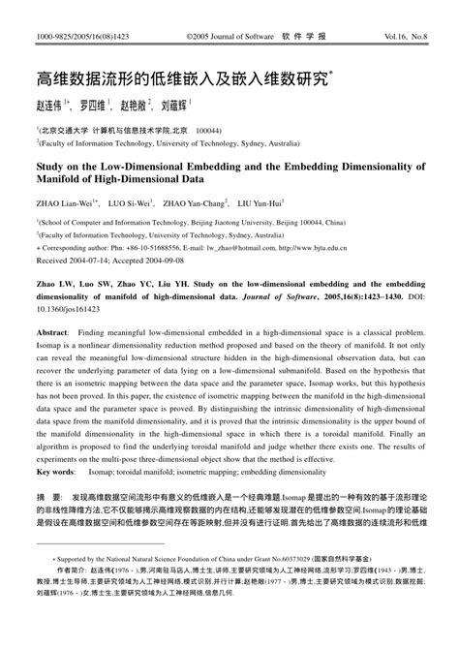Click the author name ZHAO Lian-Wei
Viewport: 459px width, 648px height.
(66, 204)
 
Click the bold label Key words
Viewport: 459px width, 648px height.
(58, 472)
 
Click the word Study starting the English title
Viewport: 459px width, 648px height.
(52, 166)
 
